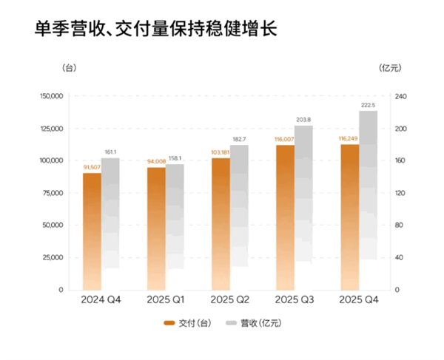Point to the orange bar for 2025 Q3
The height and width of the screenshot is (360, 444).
click(x=285, y=217)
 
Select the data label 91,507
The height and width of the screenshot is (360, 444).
click(x=92, y=168)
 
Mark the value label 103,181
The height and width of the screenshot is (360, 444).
click(x=220, y=153)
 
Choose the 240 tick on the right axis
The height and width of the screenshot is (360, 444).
click(x=401, y=96)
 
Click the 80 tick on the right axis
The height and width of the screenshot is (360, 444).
click(x=400, y=225)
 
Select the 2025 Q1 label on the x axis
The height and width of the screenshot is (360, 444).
click(x=165, y=300)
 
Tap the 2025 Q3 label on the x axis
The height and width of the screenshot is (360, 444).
click(x=295, y=300)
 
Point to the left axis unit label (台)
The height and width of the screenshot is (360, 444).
click(x=69, y=68)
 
